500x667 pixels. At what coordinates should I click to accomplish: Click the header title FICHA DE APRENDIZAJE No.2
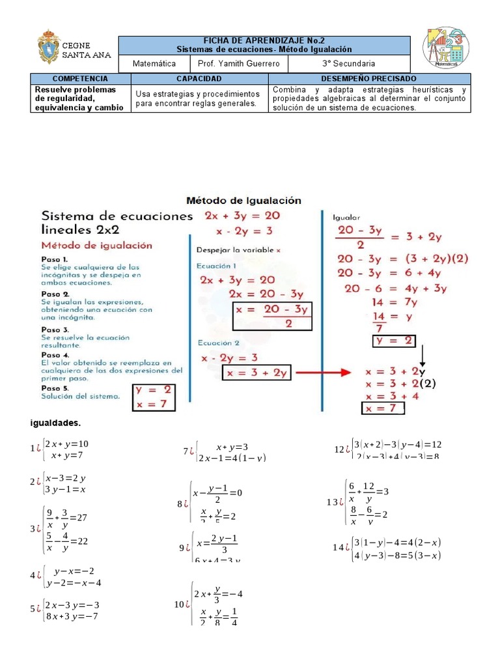tap(264, 40)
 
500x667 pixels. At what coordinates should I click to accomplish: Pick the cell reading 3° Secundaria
tap(348, 64)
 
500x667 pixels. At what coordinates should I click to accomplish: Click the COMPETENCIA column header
tap(81, 78)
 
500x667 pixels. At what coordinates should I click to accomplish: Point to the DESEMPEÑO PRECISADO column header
tap(368, 78)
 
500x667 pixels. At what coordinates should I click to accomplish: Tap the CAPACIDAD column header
tap(199, 78)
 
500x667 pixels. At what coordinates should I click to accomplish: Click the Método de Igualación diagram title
tap(244, 201)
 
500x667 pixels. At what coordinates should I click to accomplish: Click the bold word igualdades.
tap(55, 424)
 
